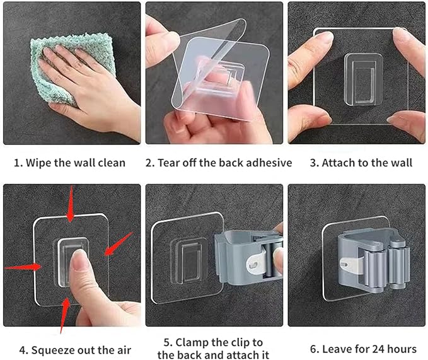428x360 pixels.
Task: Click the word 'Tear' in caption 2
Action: click(171, 163)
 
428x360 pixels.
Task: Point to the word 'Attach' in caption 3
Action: click(338, 163)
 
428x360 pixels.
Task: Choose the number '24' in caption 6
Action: click(365, 349)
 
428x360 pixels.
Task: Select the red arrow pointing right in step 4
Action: click(22, 267)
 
